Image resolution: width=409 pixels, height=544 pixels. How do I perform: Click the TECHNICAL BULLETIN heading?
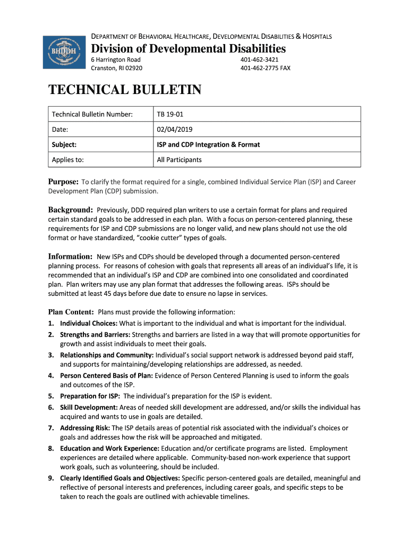pos(125,90)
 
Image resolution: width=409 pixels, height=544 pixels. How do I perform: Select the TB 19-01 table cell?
pos(170,114)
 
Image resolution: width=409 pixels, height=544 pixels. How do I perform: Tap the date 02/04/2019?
pos(175,129)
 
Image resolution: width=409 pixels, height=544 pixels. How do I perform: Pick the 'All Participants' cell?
pos(179,159)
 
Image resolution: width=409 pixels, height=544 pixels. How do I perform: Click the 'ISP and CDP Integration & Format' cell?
pos(208,144)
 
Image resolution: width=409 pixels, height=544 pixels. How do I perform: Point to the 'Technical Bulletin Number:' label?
pos(92,114)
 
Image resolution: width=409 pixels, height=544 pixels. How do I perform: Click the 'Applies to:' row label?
pos(67,159)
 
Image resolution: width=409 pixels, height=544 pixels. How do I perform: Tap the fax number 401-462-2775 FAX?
pos(265,68)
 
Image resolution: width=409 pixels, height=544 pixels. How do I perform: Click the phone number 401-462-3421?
pos(259,59)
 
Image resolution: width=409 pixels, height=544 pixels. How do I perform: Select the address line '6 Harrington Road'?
pos(116,59)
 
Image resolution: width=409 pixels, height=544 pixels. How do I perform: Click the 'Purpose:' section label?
pos(64,182)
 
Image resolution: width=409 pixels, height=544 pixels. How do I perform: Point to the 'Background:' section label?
pos(71,210)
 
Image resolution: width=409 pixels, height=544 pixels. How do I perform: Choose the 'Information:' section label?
pos(71,257)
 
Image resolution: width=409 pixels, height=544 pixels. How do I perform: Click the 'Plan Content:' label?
pos(71,312)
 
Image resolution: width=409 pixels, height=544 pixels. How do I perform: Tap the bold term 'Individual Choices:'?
pos(89,323)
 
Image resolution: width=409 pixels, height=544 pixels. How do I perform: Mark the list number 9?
pos(50,478)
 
